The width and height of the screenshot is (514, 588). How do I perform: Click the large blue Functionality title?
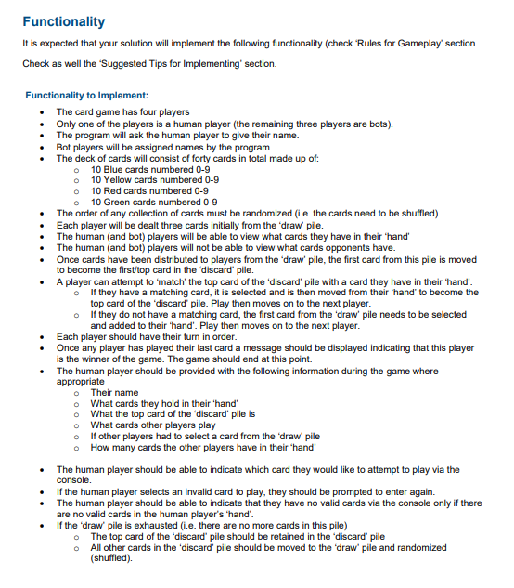64,21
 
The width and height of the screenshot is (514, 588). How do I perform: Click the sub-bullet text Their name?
114,393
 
